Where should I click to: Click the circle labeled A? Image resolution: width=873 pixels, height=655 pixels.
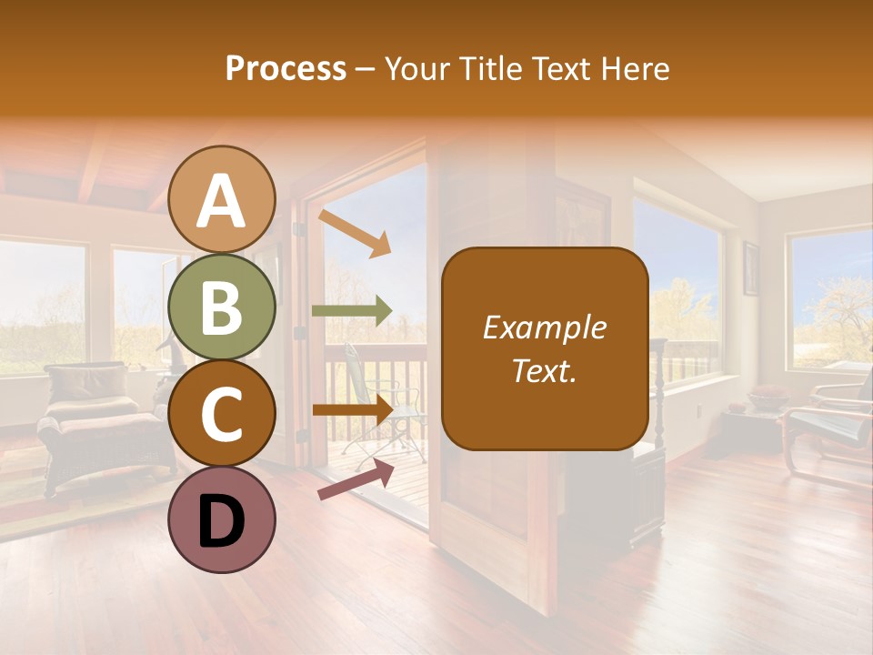click(x=222, y=199)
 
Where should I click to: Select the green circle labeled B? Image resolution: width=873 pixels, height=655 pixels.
click(x=222, y=307)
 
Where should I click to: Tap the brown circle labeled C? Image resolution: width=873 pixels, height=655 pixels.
click(x=222, y=414)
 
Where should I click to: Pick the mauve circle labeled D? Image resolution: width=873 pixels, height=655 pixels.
click(x=222, y=519)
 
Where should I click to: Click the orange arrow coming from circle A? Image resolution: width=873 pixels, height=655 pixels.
click(x=355, y=233)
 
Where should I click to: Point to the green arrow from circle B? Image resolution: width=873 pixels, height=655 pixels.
click(x=351, y=311)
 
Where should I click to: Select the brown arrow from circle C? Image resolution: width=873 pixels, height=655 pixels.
click(x=351, y=410)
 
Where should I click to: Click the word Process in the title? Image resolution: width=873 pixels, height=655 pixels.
click(x=286, y=68)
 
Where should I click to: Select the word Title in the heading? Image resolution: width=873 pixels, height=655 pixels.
click(x=489, y=68)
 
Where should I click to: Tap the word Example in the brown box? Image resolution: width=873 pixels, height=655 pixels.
click(x=544, y=327)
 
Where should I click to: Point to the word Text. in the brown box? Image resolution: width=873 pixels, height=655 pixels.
click(x=544, y=371)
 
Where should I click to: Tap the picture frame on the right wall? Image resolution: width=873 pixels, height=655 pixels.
click(x=751, y=268)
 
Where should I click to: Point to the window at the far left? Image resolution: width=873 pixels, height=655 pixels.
click(x=41, y=305)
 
